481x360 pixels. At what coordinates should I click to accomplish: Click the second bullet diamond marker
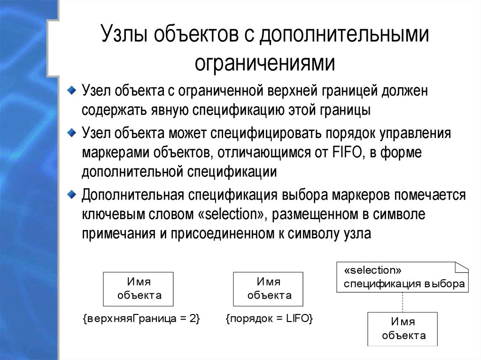[71, 131]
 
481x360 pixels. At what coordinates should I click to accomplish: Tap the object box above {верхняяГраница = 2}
[138, 289]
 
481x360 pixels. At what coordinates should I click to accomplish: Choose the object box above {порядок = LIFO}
[268, 289]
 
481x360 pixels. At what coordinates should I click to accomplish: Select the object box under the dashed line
[403, 329]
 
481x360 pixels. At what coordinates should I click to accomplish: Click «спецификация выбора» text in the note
[404, 283]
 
